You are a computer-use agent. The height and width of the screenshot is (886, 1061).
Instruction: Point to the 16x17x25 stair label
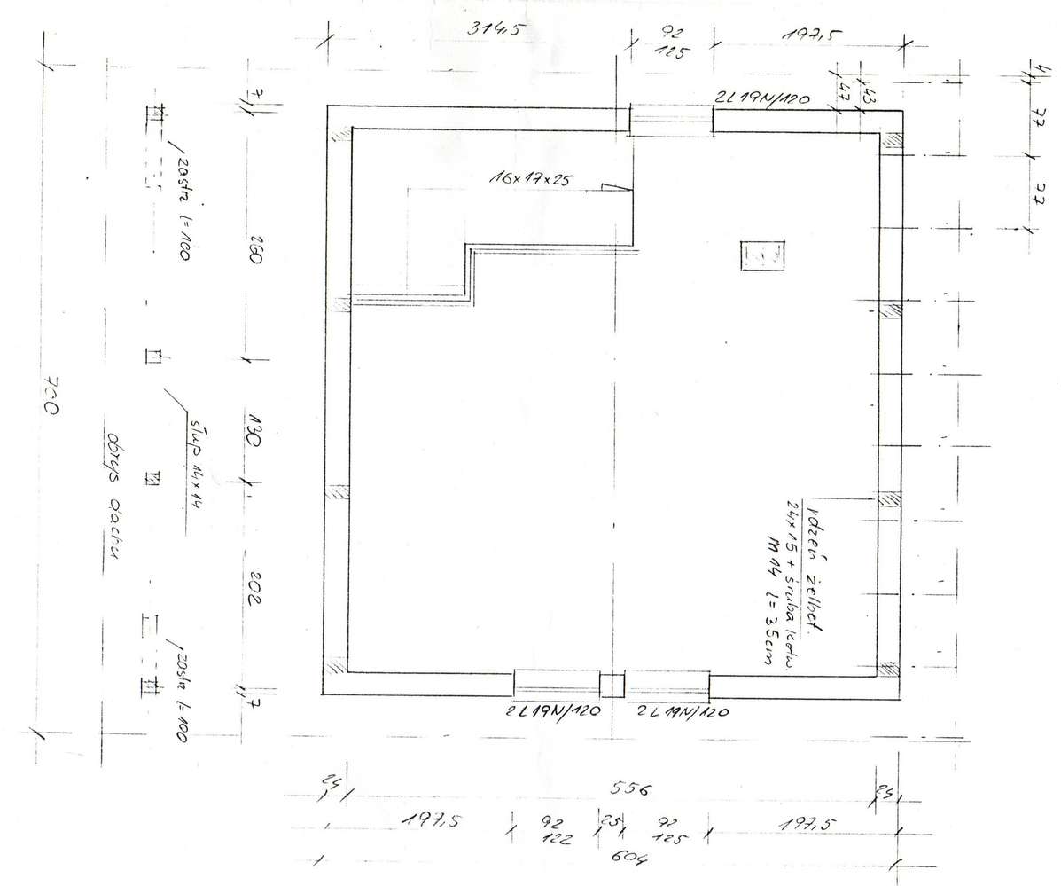tap(530, 178)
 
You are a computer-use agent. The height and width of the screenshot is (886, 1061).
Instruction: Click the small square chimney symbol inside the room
tap(761, 255)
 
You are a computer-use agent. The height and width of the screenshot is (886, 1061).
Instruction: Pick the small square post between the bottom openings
tap(612, 686)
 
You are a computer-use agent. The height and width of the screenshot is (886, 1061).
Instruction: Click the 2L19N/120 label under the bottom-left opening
tap(554, 711)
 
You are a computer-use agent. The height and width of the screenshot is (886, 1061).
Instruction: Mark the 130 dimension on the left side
tap(252, 424)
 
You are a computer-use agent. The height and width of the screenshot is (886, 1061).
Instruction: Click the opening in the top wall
tap(670, 120)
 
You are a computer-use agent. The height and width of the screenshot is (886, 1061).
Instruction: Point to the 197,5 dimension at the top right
tap(810, 36)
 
